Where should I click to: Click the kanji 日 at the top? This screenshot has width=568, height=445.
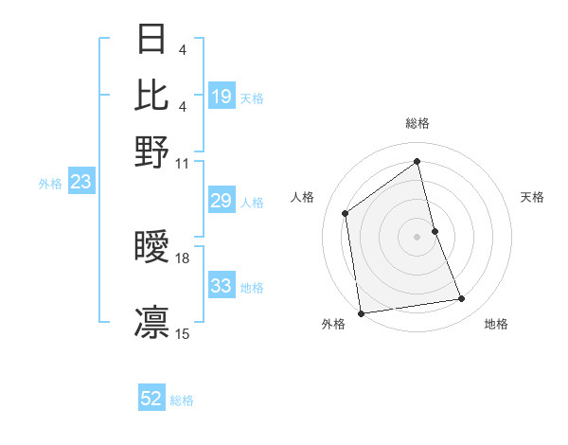click(x=151, y=40)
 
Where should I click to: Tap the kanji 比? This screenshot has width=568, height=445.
click(x=151, y=95)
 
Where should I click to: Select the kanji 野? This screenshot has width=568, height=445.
click(x=151, y=151)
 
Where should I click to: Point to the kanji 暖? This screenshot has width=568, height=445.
click(x=151, y=247)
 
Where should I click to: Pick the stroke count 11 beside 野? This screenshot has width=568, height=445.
click(x=183, y=163)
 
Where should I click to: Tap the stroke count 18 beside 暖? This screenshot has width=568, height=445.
click(x=183, y=258)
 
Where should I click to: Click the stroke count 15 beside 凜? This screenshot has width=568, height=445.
click(x=183, y=333)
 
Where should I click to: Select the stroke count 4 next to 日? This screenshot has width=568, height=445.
click(x=183, y=47)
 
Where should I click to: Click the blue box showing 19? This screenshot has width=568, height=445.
click(x=222, y=96)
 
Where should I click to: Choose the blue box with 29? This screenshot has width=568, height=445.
click(x=222, y=201)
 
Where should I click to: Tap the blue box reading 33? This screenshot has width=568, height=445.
click(x=222, y=286)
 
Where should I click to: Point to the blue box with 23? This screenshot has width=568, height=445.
click(x=80, y=183)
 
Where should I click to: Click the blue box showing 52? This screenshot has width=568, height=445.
click(x=151, y=399)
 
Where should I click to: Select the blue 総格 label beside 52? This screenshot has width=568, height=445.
click(x=182, y=400)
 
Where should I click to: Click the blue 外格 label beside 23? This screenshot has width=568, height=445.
click(x=50, y=184)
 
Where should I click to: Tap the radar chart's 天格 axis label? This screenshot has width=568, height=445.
click(x=532, y=197)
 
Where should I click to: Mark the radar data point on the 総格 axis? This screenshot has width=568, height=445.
click(x=417, y=161)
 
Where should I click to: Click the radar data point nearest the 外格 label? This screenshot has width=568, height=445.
click(x=361, y=312)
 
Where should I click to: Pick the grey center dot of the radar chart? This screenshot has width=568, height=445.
click(x=417, y=237)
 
